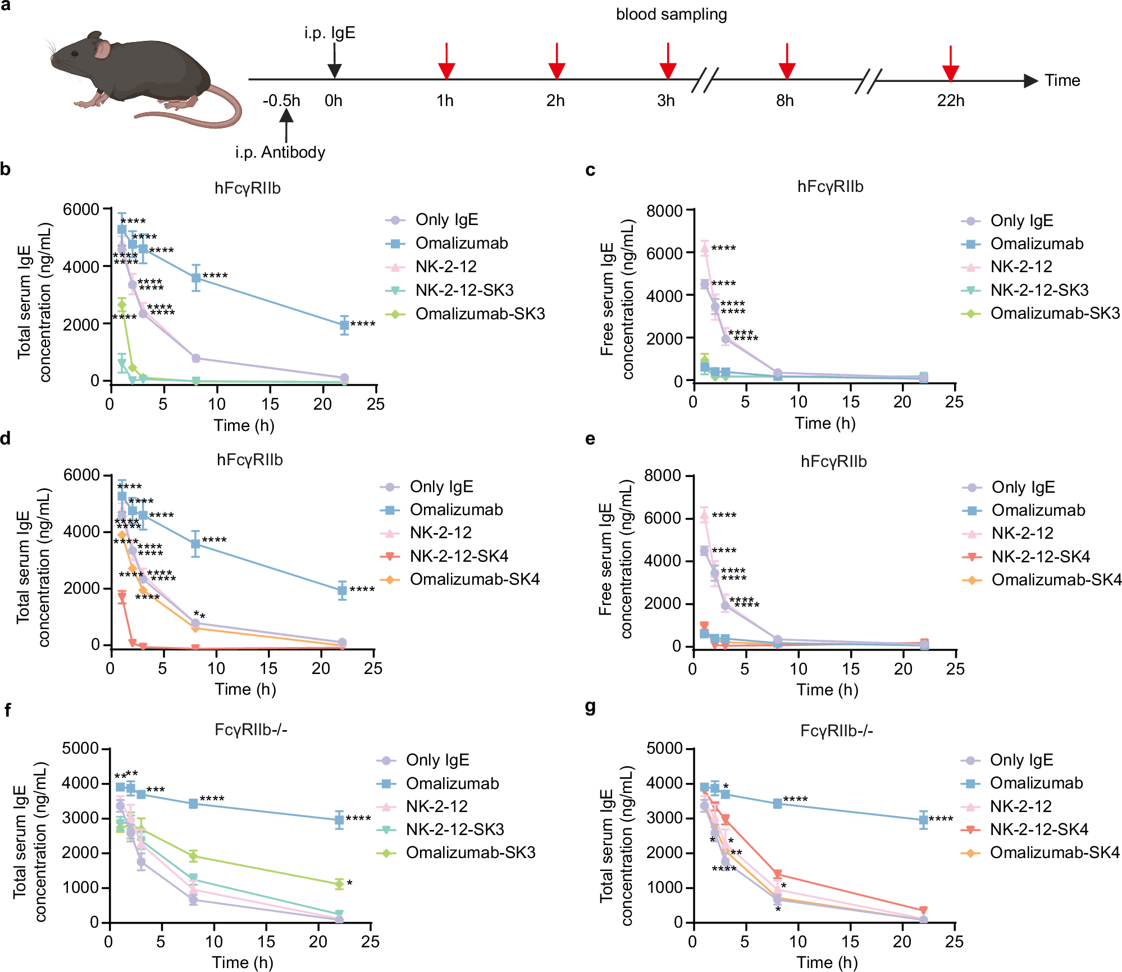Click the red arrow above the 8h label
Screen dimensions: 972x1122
787,62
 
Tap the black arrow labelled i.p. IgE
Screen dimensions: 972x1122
334,62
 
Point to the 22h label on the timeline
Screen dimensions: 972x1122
950,101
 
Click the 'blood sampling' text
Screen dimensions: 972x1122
671,15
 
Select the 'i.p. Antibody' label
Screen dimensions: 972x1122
280,153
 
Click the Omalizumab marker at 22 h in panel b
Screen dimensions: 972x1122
344,325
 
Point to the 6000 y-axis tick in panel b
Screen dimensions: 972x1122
81,210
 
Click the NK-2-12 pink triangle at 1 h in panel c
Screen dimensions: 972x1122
705,247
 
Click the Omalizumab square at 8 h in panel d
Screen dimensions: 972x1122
195,543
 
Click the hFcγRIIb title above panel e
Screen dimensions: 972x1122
833,462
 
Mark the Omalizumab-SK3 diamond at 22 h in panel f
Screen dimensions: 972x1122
339,884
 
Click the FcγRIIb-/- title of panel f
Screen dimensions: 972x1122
250,730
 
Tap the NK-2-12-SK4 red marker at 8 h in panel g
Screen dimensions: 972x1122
778,874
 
